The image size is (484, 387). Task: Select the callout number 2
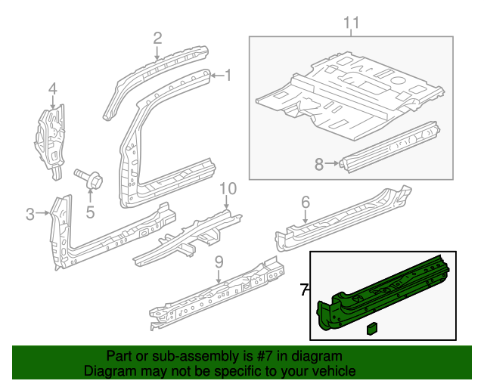tap(157, 38)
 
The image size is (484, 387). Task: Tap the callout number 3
tap(30, 214)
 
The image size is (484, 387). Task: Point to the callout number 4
tap(52, 90)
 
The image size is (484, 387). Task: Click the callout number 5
tap(89, 212)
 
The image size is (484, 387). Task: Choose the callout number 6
tap(306, 201)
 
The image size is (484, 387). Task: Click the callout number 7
tap(304, 289)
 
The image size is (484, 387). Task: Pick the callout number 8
tap(319, 163)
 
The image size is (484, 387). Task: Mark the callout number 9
tap(219, 262)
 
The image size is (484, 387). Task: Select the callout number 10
tap(228, 188)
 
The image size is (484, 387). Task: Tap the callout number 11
tap(350, 23)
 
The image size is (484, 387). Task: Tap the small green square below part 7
tap(372, 328)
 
